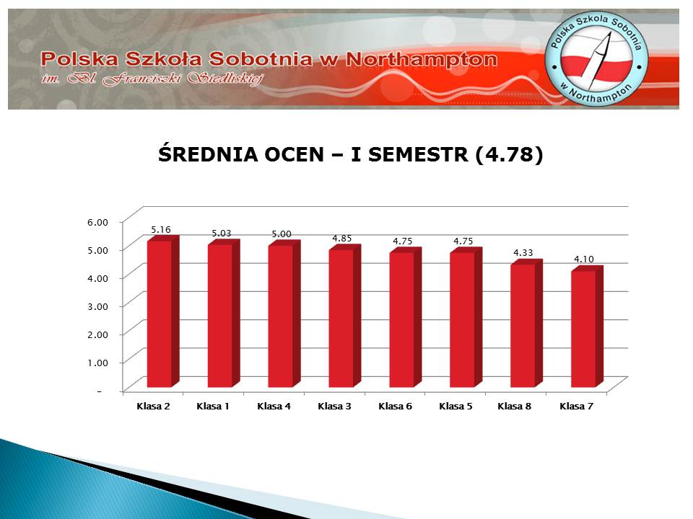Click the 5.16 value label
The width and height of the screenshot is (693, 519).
pyautogui.click(x=161, y=229)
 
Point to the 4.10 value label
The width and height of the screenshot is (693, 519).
pyautogui.click(x=584, y=259)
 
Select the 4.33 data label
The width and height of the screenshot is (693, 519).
pyautogui.click(x=523, y=253)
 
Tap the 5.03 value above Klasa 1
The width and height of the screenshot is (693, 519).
pyautogui.click(x=222, y=233)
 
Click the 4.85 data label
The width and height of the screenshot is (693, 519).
pyautogui.click(x=342, y=239)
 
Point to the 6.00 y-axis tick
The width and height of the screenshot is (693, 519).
pyautogui.click(x=97, y=222)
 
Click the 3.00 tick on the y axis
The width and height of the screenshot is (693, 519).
pyautogui.click(x=97, y=306)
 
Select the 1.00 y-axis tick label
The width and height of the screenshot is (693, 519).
pyautogui.click(x=97, y=363)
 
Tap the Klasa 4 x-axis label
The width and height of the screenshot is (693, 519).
pyautogui.click(x=274, y=406)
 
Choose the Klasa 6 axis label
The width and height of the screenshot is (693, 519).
pyautogui.click(x=395, y=406)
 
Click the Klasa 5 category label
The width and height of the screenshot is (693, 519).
pyautogui.click(x=456, y=406)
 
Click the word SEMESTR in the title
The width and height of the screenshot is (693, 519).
pyautogui.click(x=418, y=154)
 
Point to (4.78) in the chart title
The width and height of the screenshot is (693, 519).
pyautogui.click(x=509, y=155)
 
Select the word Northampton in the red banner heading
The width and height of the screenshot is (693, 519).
pyautogui.click(x=422, y=60)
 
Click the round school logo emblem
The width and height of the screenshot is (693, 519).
pyautogui.click(x=596, y=58)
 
